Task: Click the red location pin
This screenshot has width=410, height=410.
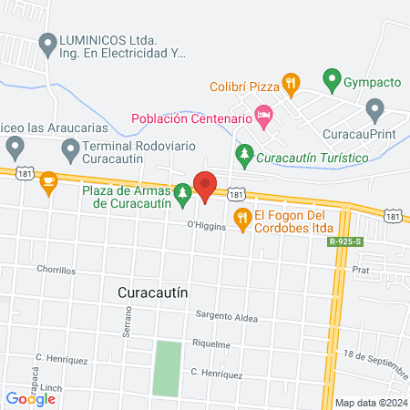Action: pos(205,186)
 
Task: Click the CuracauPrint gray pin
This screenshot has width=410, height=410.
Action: pos(374,110)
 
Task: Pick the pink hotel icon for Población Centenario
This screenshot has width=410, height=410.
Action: pos(264,115)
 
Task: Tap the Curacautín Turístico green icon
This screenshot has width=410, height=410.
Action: pos(243,156)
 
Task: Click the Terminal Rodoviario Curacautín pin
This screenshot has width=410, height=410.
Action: pos(70,148)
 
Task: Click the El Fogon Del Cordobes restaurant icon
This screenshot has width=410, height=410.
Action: pos(242,217)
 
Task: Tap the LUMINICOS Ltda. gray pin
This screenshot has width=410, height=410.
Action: pos(48,43)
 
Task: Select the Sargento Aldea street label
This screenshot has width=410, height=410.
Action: pos(227,318)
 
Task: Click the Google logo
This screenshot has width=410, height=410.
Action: pos(31,397)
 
